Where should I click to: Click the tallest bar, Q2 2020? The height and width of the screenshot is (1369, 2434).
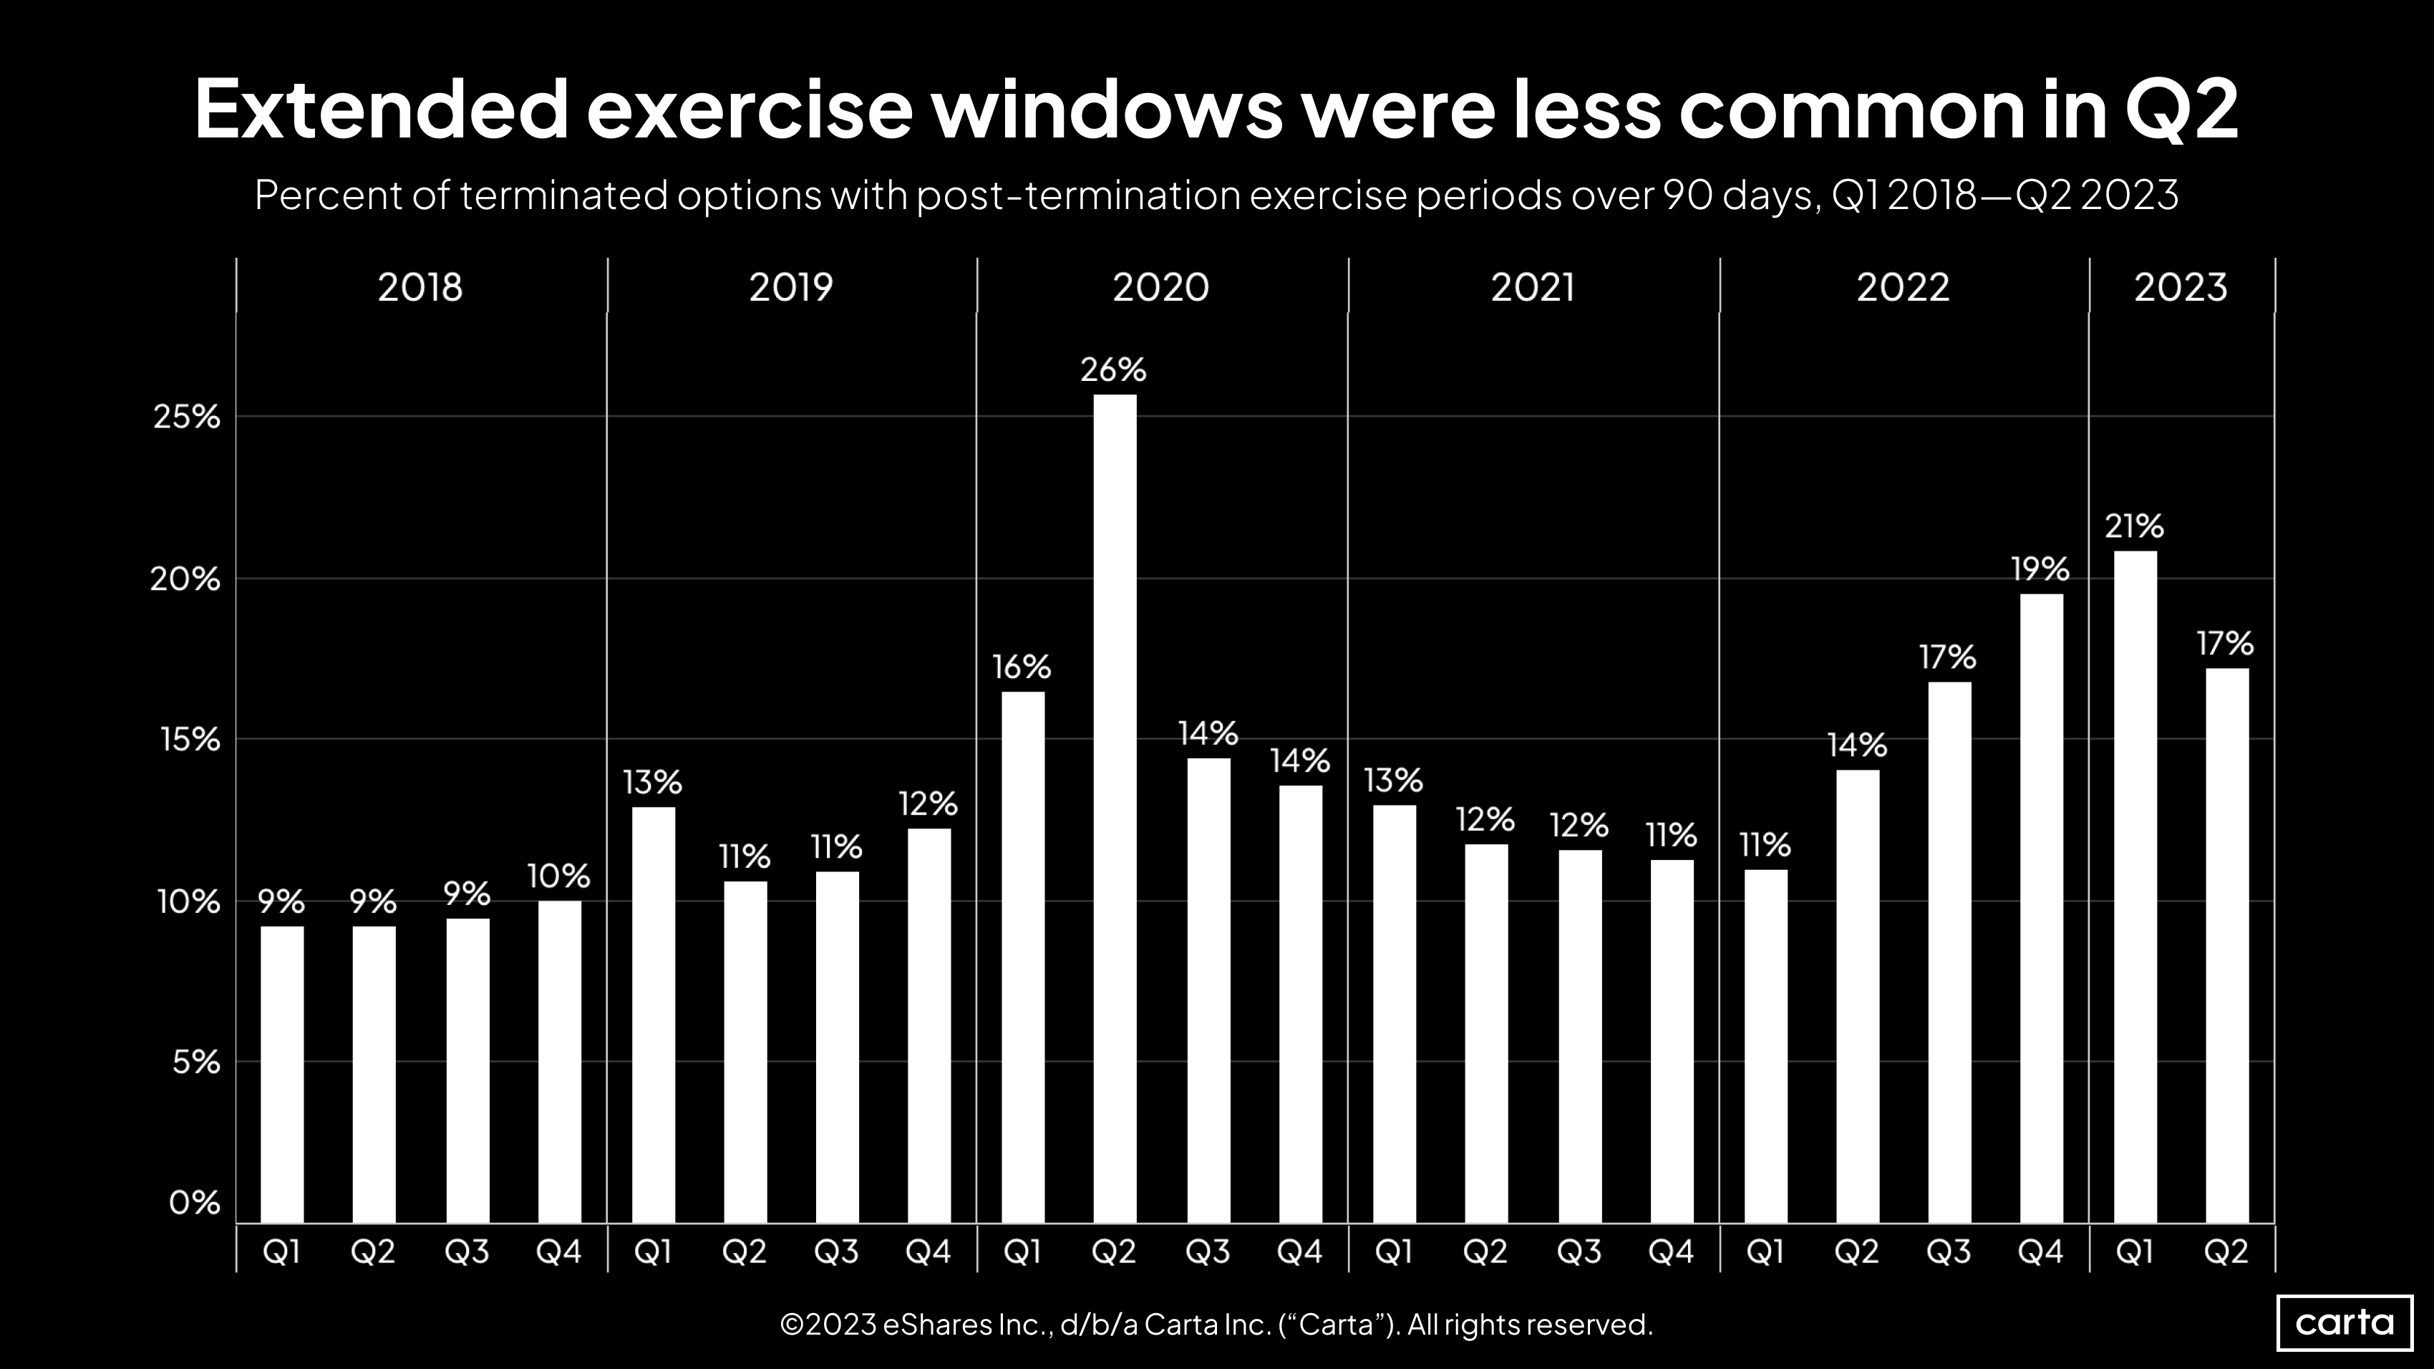coord(1115,808)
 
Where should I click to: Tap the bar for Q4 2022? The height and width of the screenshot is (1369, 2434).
coord(2041,907)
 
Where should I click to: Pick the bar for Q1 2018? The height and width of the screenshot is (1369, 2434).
coord(281,1073)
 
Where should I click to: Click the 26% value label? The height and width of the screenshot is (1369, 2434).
coord(1113,369)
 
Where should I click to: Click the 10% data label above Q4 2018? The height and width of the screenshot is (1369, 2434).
coord(558,877)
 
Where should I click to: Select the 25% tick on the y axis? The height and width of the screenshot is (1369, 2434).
coord(186,417)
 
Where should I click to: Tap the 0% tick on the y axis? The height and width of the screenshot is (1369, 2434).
coord(194,1203)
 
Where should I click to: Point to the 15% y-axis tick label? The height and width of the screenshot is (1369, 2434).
coord(189,740)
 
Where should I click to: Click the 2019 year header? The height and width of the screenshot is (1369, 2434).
coord(791,287)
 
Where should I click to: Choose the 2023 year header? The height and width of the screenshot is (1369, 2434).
coord(2180,287)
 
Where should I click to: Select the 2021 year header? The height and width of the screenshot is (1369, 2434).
coord(1533,287)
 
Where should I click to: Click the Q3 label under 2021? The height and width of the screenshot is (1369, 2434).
coord(1579,1252)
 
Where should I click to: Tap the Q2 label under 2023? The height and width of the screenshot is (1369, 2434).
coord(2226,1252)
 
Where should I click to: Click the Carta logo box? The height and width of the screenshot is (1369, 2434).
coord(2345,1322)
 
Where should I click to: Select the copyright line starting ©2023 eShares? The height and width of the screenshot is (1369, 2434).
coord(1216,1325)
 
